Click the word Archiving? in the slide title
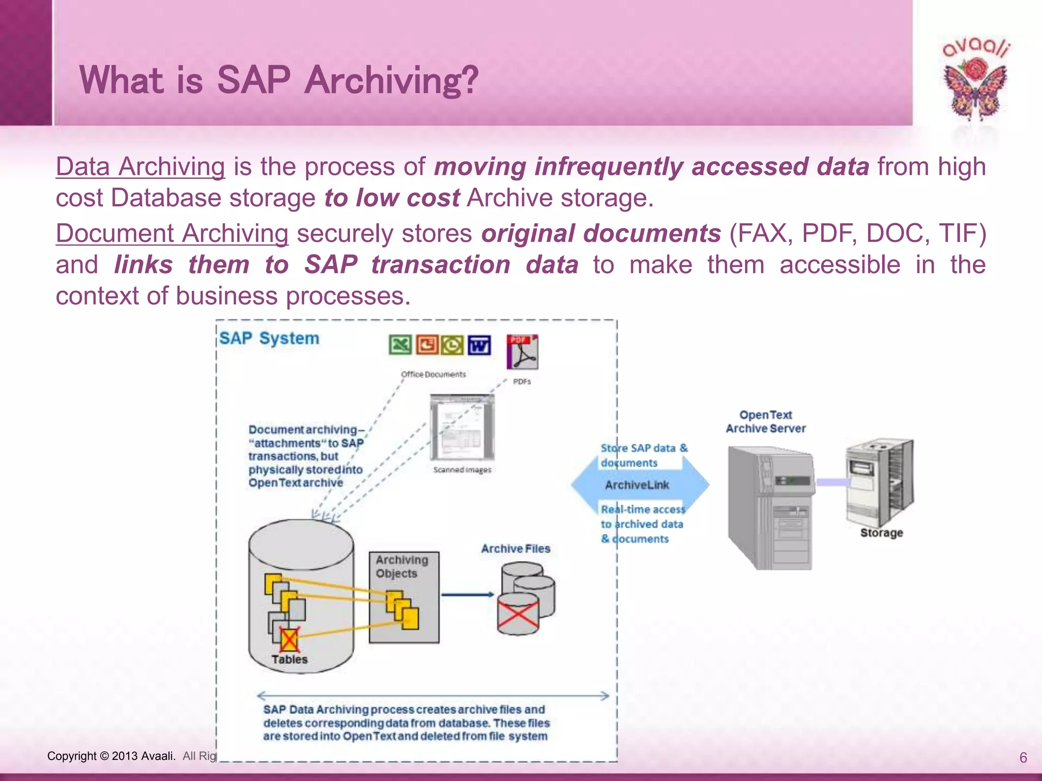point(391,80)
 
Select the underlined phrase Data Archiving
point(140,167)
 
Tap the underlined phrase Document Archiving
point(172,233)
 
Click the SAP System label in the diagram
point(269,339)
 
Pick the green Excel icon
point(400,345)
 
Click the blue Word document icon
point(479,345)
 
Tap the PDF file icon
point(522,352)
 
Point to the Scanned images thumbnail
point(462,427)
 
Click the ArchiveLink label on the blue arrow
point(637,485)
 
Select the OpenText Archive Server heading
point(766,422)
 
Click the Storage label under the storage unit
point(881,533)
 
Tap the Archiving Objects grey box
point(404,597)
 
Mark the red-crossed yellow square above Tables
point(289,640)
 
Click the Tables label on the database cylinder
point(290,659)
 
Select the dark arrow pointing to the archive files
point(467,594)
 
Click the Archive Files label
point(515,549)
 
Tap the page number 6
point(1023,758)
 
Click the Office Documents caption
point(433,374)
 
